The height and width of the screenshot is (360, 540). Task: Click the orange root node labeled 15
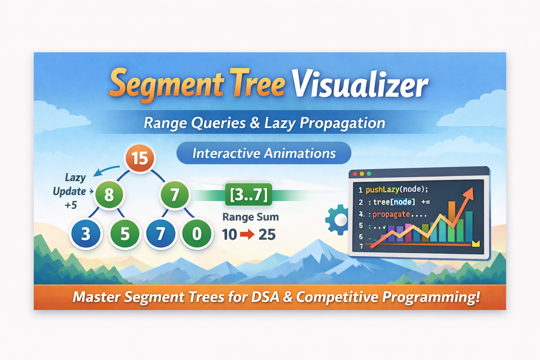pyautogui.click(x=140, y=158)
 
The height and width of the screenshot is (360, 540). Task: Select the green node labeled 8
pyautogui.click(x=109, y=194)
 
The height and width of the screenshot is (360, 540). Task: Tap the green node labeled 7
pyautogui.click(x=175, y=194)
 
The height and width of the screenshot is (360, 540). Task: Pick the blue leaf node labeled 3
pyautogui.click(x=86, y=234)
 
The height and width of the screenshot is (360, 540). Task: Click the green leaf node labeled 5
pyautogui.click(x=125, y=234)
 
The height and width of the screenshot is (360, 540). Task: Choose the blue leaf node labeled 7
pyautogui.click(x=161, y=234)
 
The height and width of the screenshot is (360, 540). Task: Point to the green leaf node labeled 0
pyautogui.click(x=197, y=234)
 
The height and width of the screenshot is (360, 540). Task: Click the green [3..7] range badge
pyautogui.click(x=249, y=194)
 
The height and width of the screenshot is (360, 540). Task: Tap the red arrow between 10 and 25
pyautogui.click(x=247, y=234)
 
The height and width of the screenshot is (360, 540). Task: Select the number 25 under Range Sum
pyautogui.click(x=267, y=234)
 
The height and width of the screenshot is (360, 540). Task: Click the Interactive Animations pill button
pyautogui.click(x=264, y=153)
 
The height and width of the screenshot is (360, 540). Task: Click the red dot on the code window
pyautogui.click(x=355, y=174)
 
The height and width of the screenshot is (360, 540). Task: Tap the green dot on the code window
pyautogui.click(x=369, y=174)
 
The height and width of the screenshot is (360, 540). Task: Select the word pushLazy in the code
pyautogui.click(x=382, y=190)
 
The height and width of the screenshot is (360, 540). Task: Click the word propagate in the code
pyautogui.click(x=391, y=214)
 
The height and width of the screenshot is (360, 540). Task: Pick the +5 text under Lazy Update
pyautogui.click(x=71, y=205)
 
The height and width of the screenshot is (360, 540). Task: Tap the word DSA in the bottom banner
pyautogui.click(x=265, y=297)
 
